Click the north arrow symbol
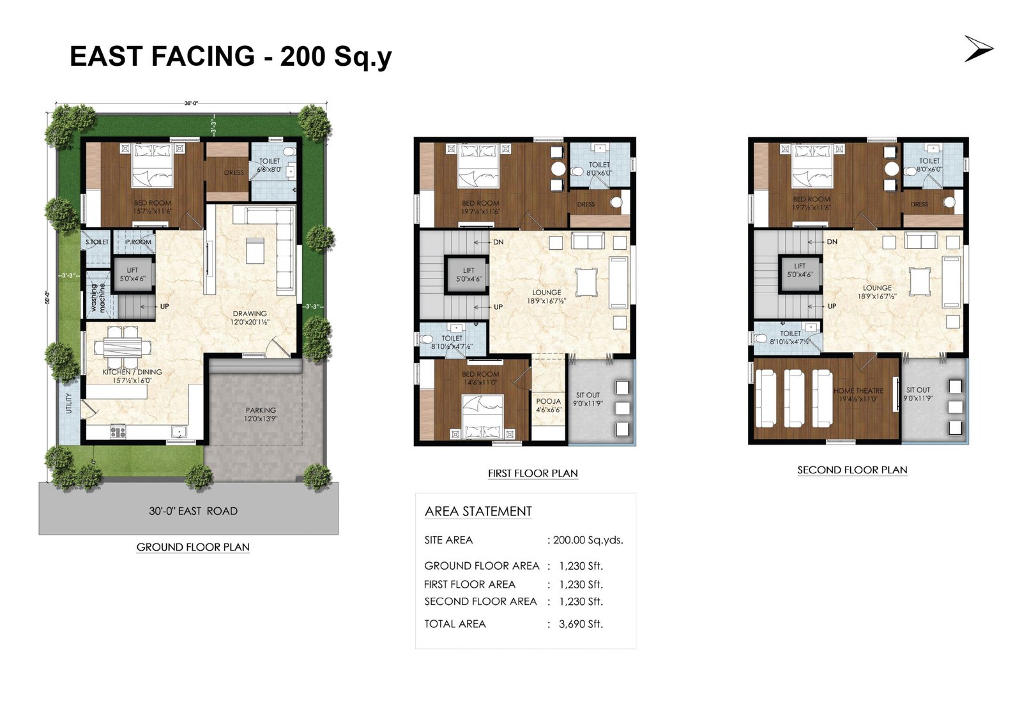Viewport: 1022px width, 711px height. point(979,49)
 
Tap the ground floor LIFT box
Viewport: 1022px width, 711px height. point(133,275)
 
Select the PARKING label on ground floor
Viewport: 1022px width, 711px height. point(261,415)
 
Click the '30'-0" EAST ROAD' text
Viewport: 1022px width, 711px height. point(193,511)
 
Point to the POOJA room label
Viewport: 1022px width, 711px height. point(548,405)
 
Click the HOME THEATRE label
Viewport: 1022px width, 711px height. point(858,394)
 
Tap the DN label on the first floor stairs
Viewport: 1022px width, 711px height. point(498,242)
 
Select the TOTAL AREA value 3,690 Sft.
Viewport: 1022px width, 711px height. point(581,624)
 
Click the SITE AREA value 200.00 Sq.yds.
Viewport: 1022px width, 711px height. point(588,540)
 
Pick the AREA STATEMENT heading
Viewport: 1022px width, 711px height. point(478,511)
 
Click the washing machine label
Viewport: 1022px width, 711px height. point(98,298)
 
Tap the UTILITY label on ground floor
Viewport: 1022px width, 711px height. point(69,404)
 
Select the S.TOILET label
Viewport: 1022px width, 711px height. point(97,242)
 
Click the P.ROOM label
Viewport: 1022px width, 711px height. point(139,242)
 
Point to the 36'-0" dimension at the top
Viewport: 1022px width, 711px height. point(191,103)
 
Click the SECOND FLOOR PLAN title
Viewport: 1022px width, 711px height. point(852,470)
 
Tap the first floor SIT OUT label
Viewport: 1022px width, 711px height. point(588,399)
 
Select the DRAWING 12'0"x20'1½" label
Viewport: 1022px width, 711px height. point(250,317)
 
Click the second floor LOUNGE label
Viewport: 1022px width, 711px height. point(877,292)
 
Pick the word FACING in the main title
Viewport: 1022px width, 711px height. point(204,56)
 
